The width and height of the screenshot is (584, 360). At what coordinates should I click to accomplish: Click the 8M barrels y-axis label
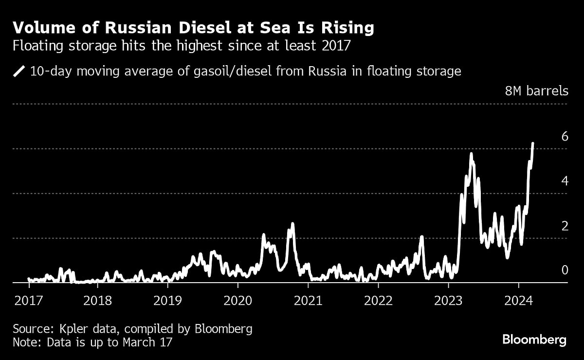point(537,91)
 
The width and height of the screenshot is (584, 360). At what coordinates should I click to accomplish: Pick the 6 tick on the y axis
point(565,136)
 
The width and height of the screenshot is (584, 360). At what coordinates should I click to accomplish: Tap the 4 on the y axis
point(565,181)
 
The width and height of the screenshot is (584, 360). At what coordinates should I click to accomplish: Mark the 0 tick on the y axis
point(565,270)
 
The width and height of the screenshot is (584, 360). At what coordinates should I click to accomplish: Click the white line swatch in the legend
point(19,72)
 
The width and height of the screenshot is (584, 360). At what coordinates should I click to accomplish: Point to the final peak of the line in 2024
point(533,144)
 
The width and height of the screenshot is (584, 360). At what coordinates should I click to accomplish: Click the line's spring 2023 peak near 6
point(471,154)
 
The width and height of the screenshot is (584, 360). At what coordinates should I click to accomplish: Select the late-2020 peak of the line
point(292,224)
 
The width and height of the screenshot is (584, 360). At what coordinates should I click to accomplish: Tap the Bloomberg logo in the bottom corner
point(534,340)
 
